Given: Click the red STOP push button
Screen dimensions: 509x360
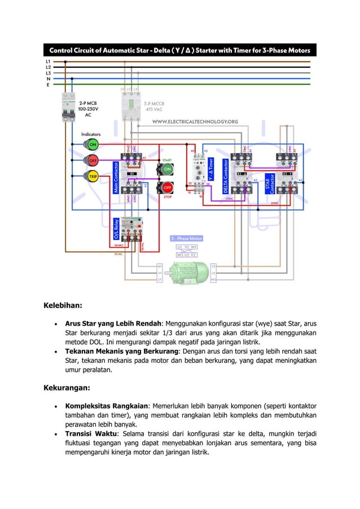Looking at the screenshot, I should click(168, 187).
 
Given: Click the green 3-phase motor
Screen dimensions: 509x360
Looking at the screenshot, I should click(186, 273).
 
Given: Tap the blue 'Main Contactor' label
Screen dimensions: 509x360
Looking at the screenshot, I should click(117, 179).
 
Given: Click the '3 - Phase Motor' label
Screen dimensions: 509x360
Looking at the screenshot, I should click(187, 239).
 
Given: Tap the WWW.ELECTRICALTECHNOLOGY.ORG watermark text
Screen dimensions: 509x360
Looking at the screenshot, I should click(195, 121).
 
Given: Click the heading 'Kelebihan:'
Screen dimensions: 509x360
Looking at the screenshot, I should click(63, 306).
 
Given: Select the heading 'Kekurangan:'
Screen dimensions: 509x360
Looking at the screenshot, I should click(67, 388).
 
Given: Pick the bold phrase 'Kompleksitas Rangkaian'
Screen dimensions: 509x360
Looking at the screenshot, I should click(109, 406).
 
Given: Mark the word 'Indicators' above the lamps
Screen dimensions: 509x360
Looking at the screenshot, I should click(91, 134).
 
